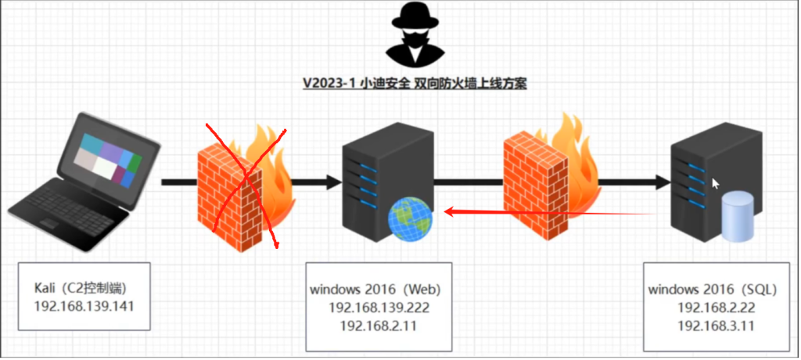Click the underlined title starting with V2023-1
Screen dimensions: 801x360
click(x=415, y=83)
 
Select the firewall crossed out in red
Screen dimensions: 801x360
click(x=244, y=186)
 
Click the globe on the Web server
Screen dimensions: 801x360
click(x=410, y=219)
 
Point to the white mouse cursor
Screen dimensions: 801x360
click(x=716, y=184)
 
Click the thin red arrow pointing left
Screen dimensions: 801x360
click(x=550, y=212)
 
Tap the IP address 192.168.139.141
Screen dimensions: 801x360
click(x=84, y=307)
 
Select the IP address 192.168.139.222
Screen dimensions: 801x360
click(x=379, y=308)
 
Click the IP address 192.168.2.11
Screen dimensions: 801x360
click(x=379, y=326)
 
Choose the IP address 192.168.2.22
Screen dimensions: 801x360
click(x=717, y=308)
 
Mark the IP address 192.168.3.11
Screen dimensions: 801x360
click(x=717, y=326)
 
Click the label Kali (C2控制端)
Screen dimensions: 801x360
click(x=86, y=289)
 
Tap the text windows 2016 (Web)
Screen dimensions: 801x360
click(x=375, y=290)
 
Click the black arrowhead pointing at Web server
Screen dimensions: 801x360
click(x=333, y=182)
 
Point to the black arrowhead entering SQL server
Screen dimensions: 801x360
click(x=663, y=182)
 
